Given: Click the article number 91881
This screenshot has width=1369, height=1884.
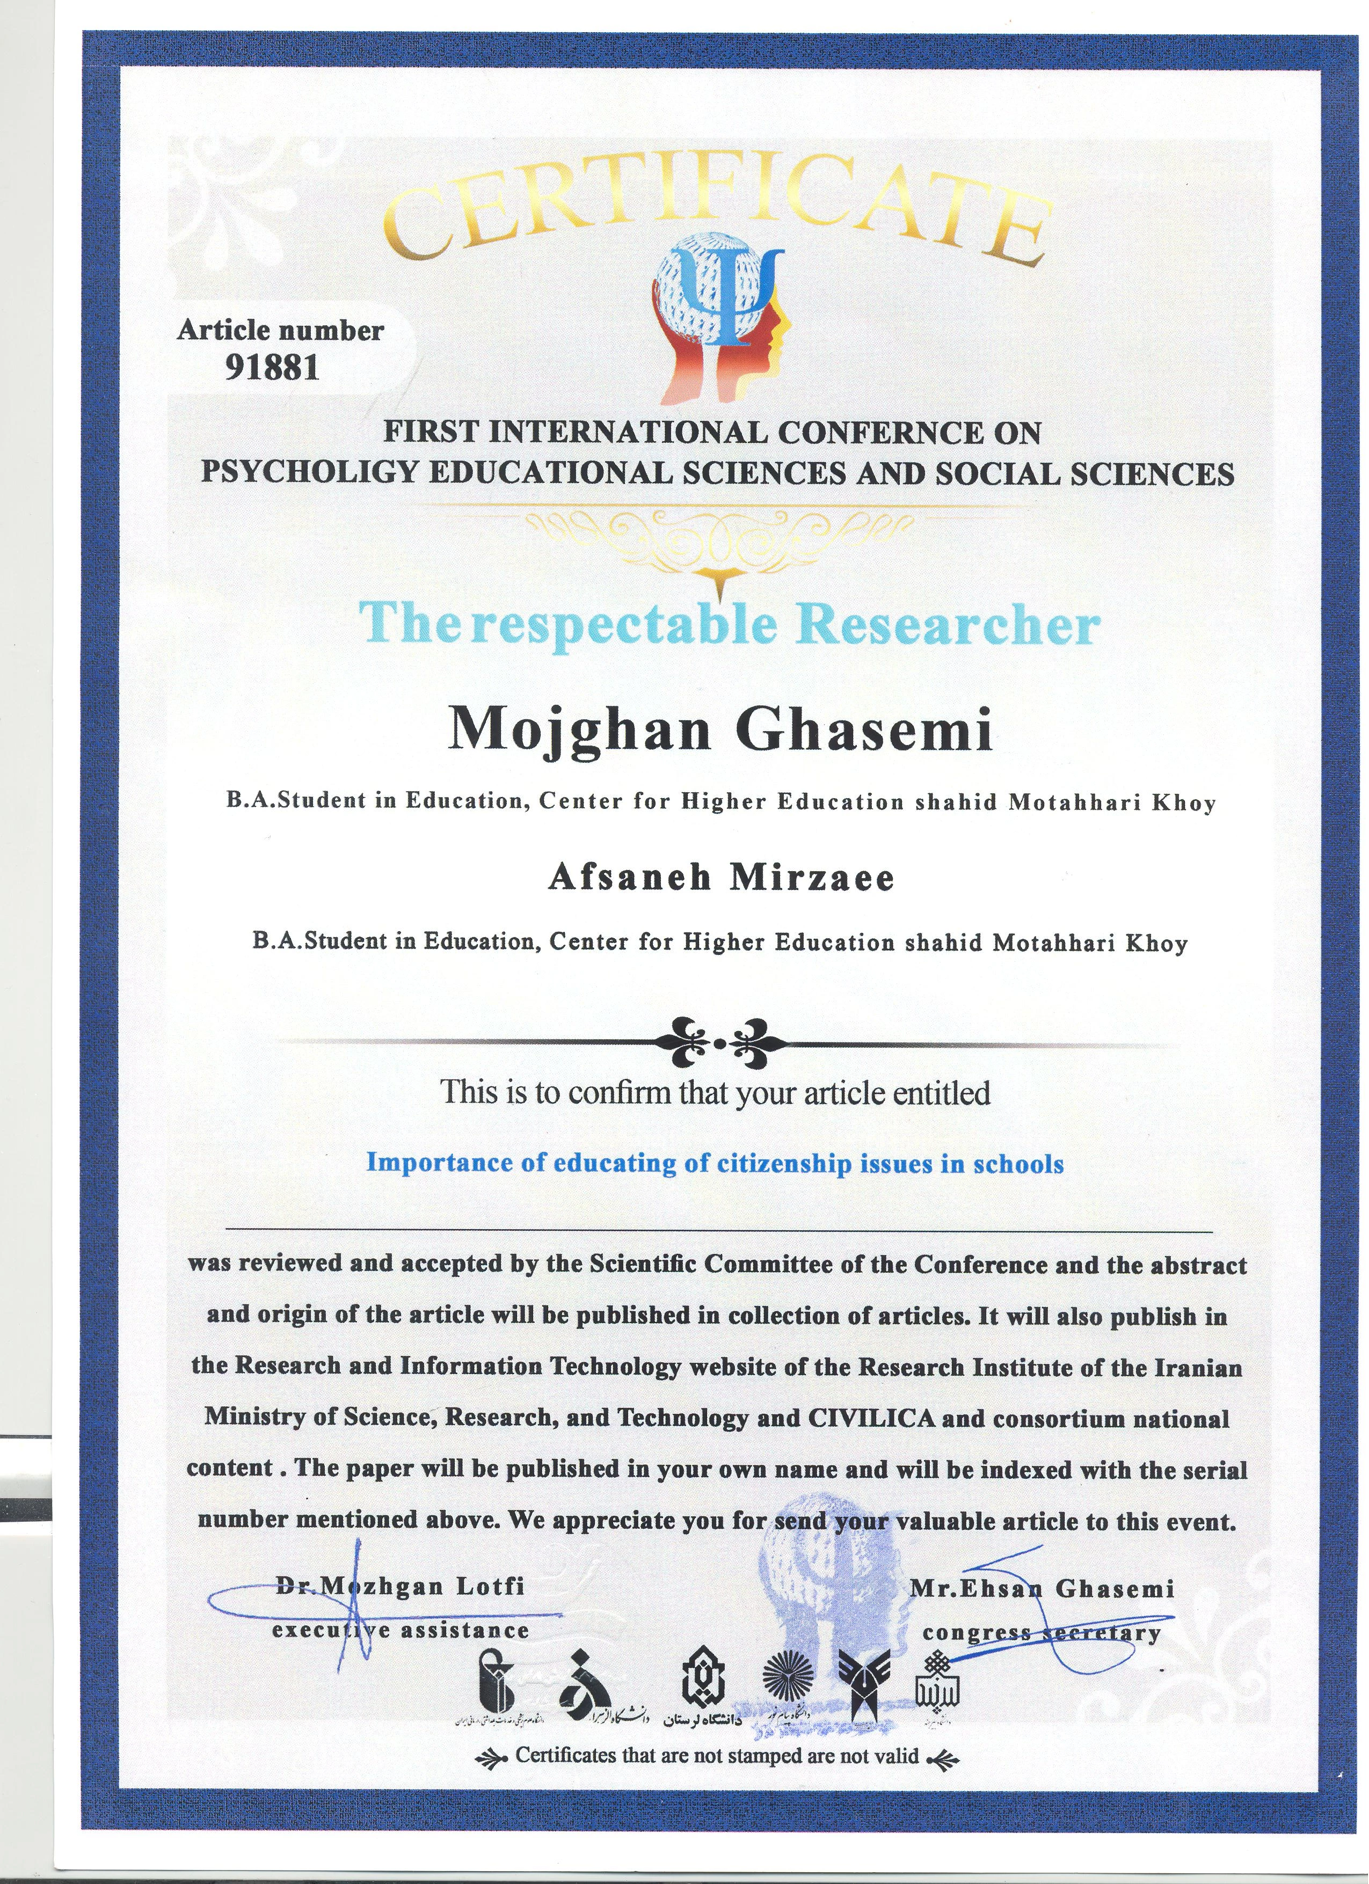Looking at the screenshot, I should click(273, 366).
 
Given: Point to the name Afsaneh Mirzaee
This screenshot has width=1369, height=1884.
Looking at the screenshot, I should click(720, 879).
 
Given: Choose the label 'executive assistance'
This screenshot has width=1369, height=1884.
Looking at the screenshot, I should click(400, 1631).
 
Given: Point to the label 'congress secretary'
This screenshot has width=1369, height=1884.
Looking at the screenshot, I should click(1042, 1633).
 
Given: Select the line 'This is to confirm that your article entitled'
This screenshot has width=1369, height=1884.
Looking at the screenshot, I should click(715, 1092).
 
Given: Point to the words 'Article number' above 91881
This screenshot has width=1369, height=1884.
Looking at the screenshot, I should click(280, 331).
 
